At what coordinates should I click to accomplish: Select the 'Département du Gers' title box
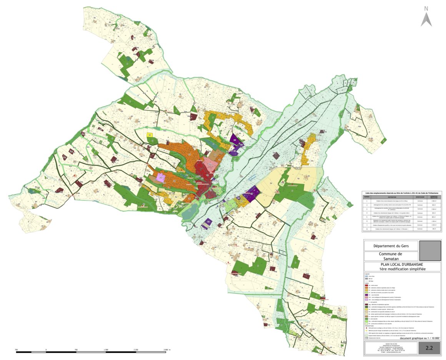(391, 246)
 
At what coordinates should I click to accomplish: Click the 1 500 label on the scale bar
(106, 350)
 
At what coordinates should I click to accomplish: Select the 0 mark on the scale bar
(46, 350)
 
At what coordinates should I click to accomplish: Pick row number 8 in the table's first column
(367, 229)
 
